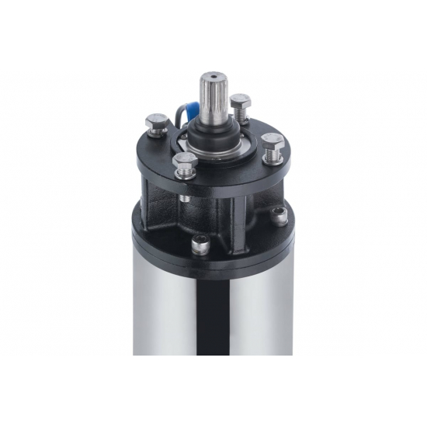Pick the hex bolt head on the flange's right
[272, 140]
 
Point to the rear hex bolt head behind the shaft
[241, 101]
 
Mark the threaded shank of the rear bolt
[242, 117]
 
